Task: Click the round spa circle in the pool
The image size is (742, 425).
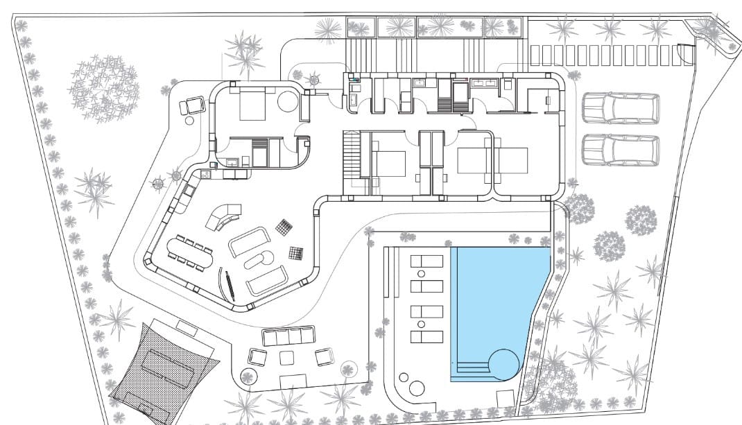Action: (x=503, y=363)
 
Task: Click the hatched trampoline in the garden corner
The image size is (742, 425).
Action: (x=164, y=368)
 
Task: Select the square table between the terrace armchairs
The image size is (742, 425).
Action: (x=286, y=358)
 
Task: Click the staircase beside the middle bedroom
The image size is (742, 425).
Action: (x=351, y=155)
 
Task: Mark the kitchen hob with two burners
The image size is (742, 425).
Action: (x=206, y=175)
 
